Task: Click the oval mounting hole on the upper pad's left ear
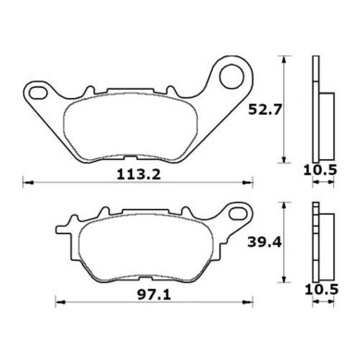[39, 93]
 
